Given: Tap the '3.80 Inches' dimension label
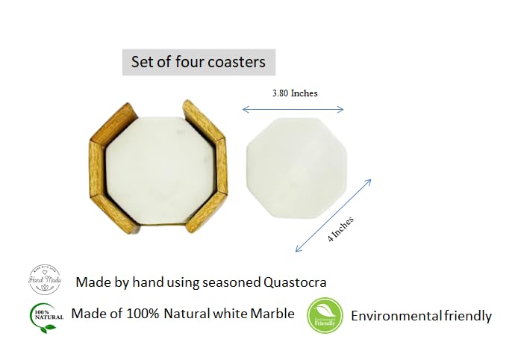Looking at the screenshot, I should coord(294,93).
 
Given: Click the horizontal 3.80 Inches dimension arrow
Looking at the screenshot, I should coord(293,110).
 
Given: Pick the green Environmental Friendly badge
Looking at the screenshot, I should coord(325,315).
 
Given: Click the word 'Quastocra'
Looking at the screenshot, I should coord(296,282).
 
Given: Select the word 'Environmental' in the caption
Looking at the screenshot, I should coord(395,316).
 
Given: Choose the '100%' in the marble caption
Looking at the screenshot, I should coord(142,314).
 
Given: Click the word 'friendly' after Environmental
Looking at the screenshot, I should coord(466,316).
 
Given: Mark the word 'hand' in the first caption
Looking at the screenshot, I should coord(149,282).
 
